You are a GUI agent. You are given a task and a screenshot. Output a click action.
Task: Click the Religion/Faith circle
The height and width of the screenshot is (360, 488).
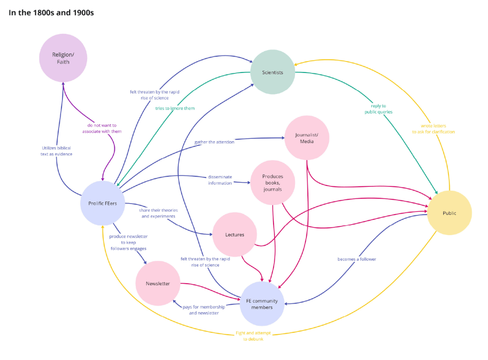pyautogui.click(x=63, y=58)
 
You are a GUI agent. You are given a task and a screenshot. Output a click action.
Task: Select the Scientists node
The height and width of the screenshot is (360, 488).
pyautogui.click(x=273, y=72)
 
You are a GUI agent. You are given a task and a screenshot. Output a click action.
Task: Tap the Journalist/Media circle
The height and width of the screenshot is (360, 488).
pyautogui.click(x=307, y=138)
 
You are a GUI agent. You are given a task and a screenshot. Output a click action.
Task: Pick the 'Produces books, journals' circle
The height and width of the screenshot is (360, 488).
pyautogui.click(x=273, y=183)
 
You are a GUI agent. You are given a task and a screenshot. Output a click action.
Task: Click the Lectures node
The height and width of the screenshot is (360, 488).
pyautogui.click(x=234, y=235)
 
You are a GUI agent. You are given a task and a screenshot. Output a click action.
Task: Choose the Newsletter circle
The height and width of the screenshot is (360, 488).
pyautogui.click(x=158, y=283)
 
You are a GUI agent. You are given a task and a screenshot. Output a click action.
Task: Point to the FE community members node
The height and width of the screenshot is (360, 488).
pyautogui.click(x=262, y=304)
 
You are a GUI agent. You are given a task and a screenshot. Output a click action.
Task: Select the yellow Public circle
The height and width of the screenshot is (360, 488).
pyautogui.click(x=449, y=213)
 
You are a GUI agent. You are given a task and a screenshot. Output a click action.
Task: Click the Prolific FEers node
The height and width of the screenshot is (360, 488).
pyautogui.click(x=102, y=203)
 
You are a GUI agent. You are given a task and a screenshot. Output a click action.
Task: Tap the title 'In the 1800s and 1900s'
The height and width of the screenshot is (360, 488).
pyautogui.click(x=51, y=13)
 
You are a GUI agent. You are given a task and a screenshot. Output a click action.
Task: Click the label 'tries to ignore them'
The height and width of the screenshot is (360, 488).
pyautogui.click(x=175, y=108)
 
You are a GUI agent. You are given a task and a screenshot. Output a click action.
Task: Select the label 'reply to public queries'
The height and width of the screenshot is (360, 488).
pyautogui.click(x=379, y=109)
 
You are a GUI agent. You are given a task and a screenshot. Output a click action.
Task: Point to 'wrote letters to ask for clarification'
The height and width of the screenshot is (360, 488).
pyautogui.click(x=434, y=129)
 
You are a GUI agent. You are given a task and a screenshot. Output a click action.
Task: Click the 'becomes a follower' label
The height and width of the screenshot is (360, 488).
pyautogui.click(x=356, y=259)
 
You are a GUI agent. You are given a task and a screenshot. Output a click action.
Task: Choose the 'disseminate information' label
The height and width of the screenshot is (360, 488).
pyautogui.click(x=220, y=180)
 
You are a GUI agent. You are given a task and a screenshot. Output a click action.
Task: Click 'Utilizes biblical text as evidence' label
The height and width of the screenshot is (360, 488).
pyautogui.click(x=56, y=151)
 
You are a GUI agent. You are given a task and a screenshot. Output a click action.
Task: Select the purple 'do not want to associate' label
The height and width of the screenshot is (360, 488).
pyautogui.click(x=102, y=128)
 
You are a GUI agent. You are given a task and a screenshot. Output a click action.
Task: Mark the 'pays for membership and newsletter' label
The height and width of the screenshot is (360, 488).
pyautogui.click(x=203, y=310)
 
